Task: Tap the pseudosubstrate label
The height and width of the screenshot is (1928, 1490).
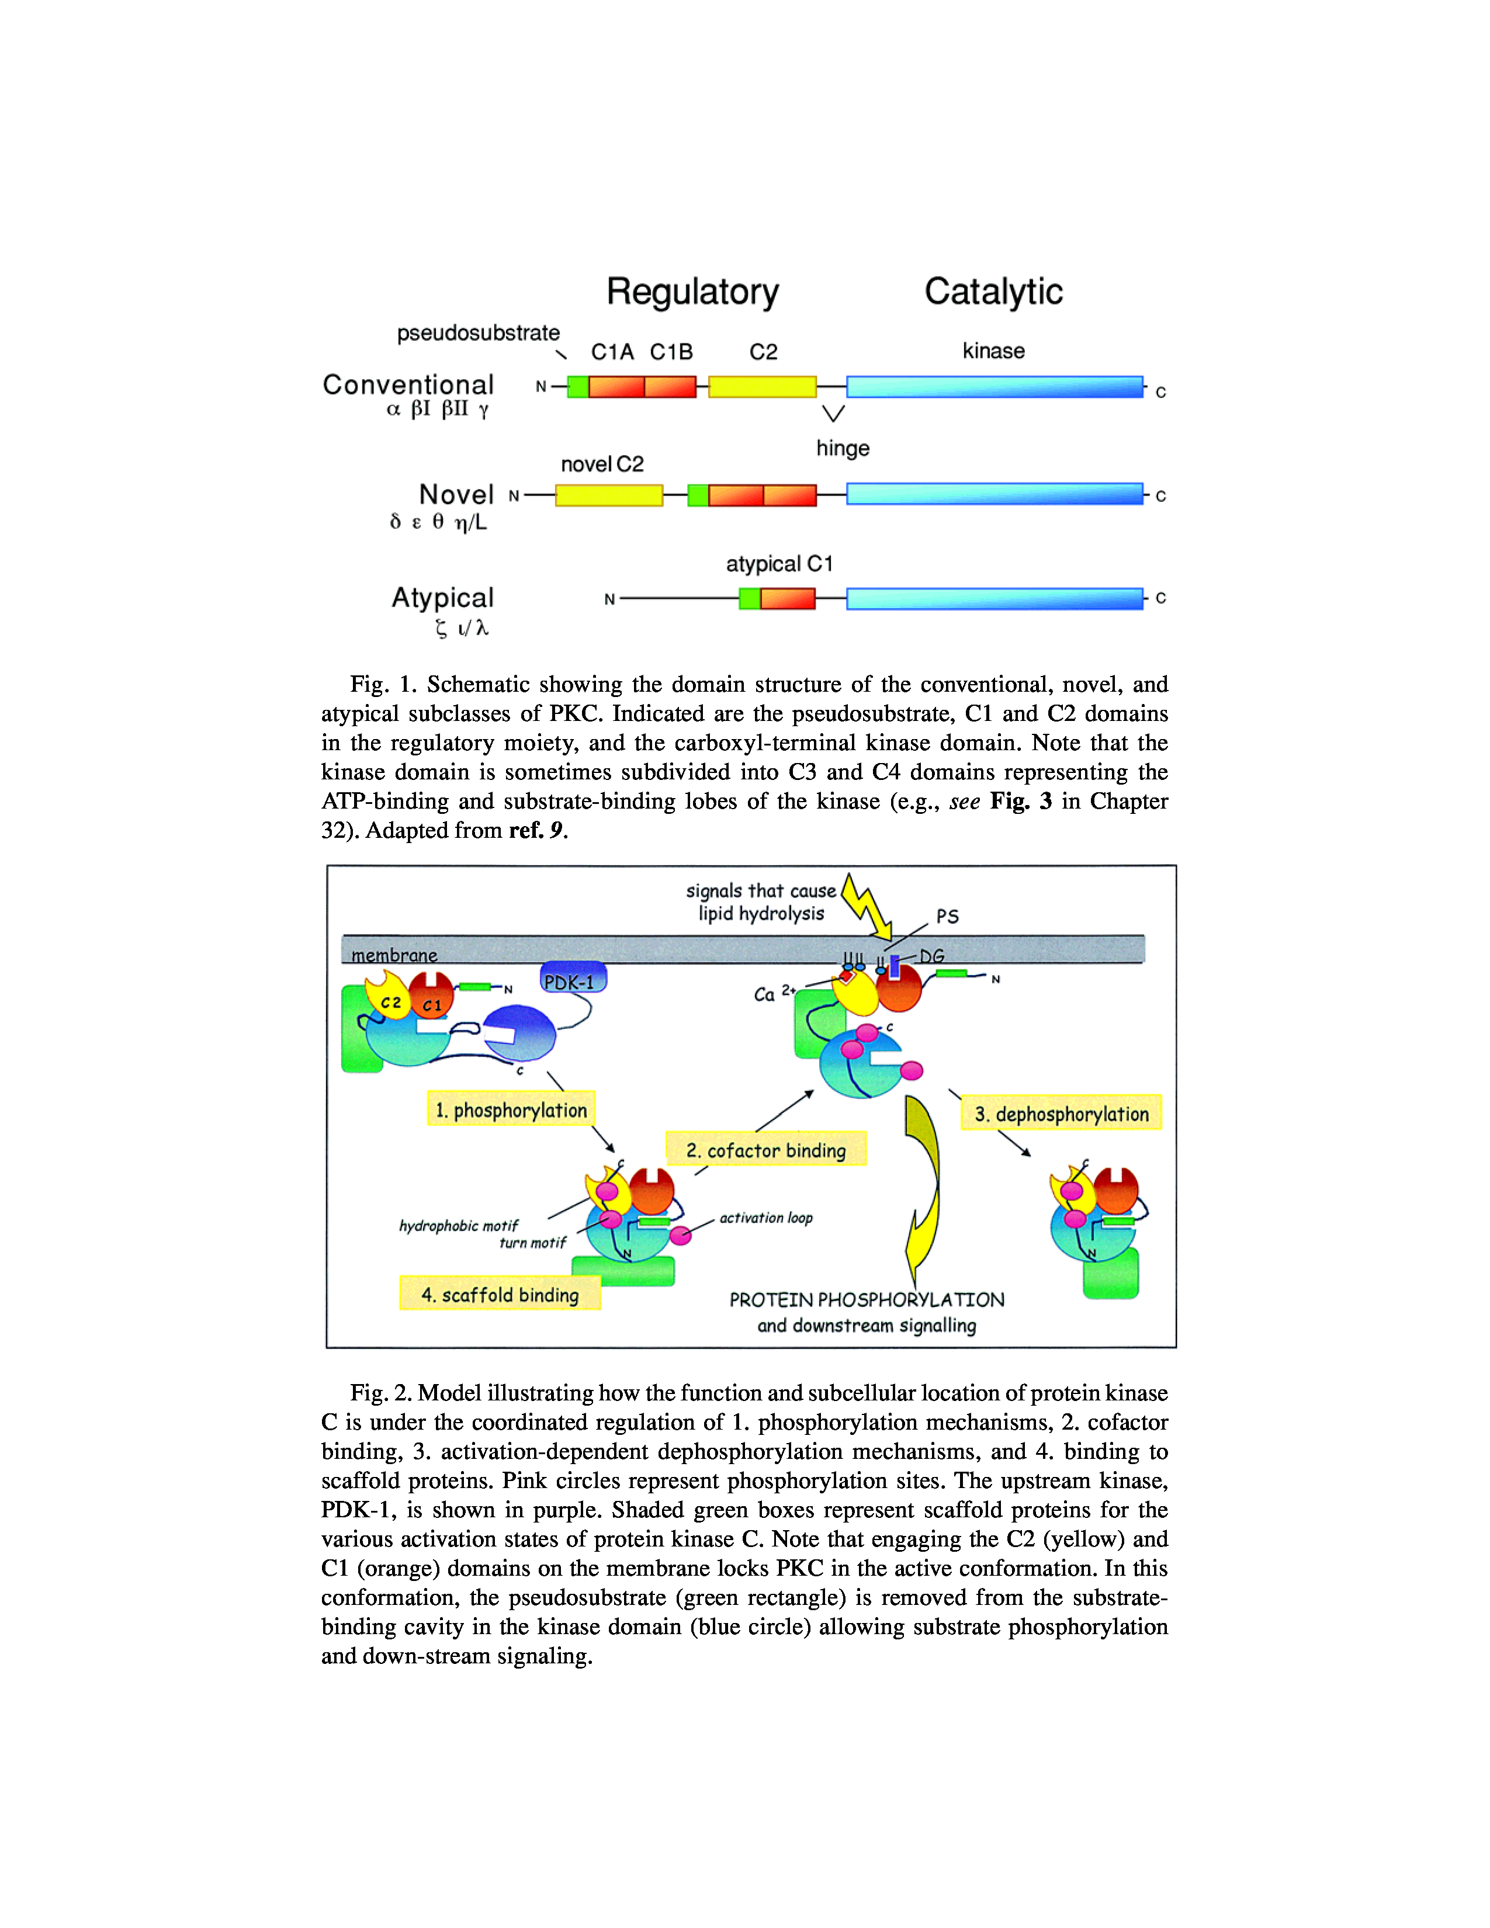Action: click(x=477, y=333)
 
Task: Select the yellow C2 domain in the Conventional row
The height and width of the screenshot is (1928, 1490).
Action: click(x=762, y=387)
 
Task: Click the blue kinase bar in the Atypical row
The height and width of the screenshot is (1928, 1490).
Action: click(x=994, y=598)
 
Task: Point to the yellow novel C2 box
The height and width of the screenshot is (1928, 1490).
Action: click(x=609, y=495)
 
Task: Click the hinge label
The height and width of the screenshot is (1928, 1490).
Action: click(x=842, y=449)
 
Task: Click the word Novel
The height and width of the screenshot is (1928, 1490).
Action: click(x=456, y=494)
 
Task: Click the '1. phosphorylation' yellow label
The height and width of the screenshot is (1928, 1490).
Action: click(x=511, y=1109)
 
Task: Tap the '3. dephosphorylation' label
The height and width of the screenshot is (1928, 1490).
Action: click(x=1061, y=1114)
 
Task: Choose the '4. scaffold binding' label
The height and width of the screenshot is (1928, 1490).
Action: click(x=500, y=1294)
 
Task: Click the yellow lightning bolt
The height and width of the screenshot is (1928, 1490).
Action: click(x=865, y=906)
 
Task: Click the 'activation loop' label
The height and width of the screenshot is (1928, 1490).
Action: click(x=765, y=1218)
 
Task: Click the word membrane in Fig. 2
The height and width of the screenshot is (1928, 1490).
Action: click(x=394, y=955)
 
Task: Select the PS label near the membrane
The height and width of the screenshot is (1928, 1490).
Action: click(x=947, y=916)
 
